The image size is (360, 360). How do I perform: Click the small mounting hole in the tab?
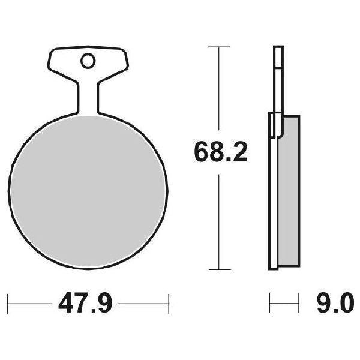click(x=88, y=61)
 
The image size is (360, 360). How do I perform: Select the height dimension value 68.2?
click(x=220, y=152)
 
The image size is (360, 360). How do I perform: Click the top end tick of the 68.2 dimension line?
click(x=220, y=46)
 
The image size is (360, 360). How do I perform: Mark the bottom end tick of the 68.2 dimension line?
click(x=220, y=269)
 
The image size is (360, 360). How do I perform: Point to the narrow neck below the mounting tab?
click(x=88, y=96)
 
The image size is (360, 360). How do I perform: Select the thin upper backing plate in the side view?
click(x=277, y=78)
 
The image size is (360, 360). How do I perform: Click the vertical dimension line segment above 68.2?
click(x=220, y=90)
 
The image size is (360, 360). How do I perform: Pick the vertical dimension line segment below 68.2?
click(x=220, y=222)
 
